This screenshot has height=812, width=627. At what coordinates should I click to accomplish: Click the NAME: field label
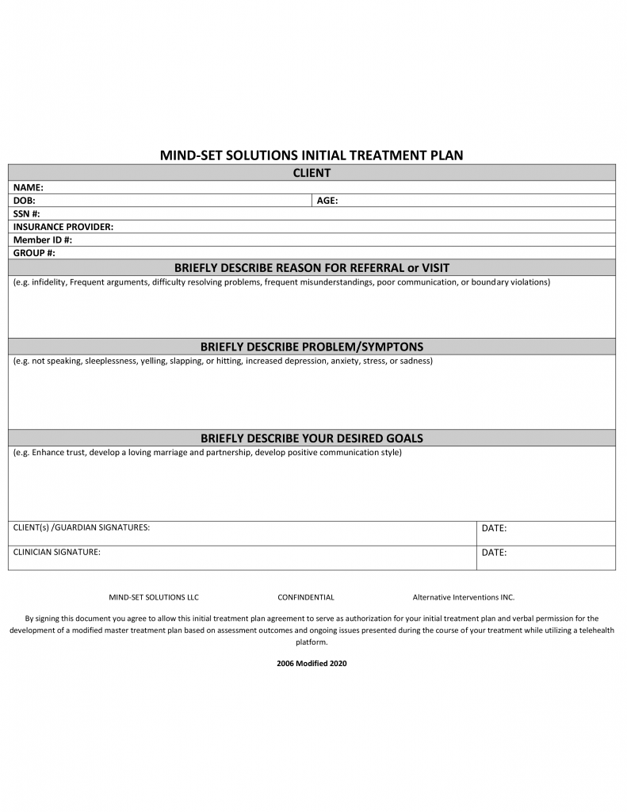click(28, 188)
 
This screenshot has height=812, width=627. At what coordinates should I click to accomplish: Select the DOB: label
click(25, 201)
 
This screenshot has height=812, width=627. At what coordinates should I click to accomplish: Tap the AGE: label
click(327, 201)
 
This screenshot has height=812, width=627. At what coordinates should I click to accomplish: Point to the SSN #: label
click(27, 214)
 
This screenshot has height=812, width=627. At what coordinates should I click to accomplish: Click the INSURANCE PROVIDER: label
click(63, 227)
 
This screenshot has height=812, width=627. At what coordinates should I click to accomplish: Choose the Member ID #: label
click(43, 239)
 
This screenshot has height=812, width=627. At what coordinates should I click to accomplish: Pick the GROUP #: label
click(34, 253)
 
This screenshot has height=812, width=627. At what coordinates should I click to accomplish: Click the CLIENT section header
click(312, 173)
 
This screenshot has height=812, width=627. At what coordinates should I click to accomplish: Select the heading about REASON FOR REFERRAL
click(312, 268)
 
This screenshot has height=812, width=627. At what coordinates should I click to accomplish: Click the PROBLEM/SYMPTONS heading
click(312, 347)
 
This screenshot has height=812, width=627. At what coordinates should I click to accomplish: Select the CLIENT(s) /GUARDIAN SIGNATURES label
click(82, 527)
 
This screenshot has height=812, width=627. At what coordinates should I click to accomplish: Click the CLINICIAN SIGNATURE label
click(57, 552)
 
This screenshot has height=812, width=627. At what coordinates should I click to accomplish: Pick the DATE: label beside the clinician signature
click(494, 553)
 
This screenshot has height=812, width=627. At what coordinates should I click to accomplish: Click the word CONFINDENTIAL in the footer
click(306, 597)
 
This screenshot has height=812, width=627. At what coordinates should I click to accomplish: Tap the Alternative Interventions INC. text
click(463, 597)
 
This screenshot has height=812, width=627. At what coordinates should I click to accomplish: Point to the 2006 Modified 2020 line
click(312, 663)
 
